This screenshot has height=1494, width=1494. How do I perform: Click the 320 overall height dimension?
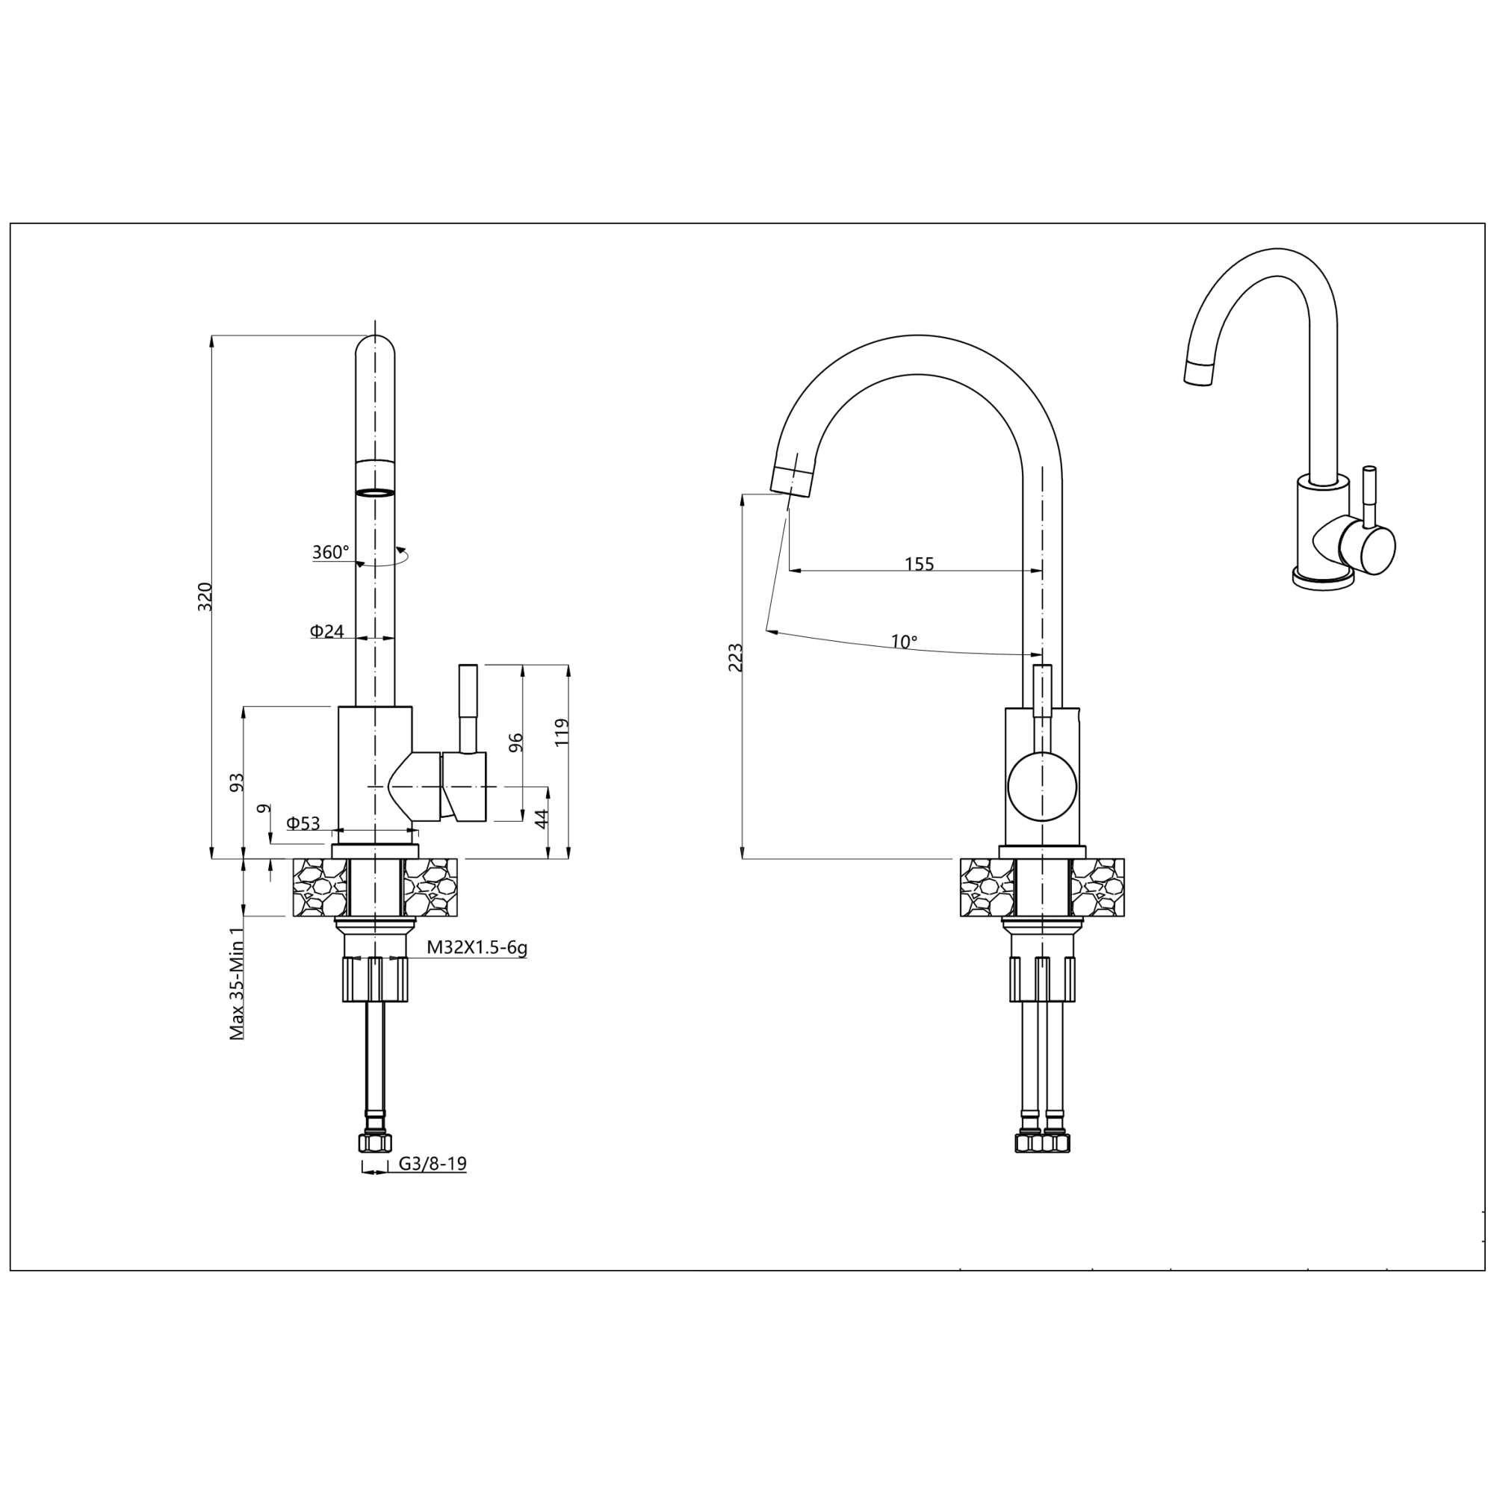coord(205,596)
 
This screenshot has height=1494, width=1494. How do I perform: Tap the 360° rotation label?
coord(330,552)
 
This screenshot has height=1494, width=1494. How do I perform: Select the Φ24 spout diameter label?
coord(327,631)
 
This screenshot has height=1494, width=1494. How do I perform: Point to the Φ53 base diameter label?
coord(303,822)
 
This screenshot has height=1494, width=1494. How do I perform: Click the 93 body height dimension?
coord(238,782)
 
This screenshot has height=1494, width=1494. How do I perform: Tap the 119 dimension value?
coord(562,732)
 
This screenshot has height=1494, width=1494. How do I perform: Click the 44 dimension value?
coord(542,818)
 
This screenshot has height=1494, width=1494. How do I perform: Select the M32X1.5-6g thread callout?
coord(477,948)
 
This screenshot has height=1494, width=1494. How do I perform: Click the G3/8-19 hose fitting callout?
coord(433,1163)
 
